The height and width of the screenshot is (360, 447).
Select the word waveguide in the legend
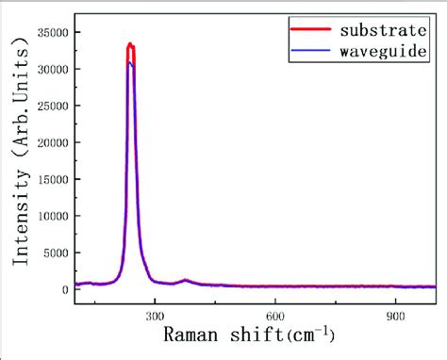point(382,48)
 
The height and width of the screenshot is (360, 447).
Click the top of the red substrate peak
point(130,43)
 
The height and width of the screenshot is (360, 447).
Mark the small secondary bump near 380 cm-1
point(186,280)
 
